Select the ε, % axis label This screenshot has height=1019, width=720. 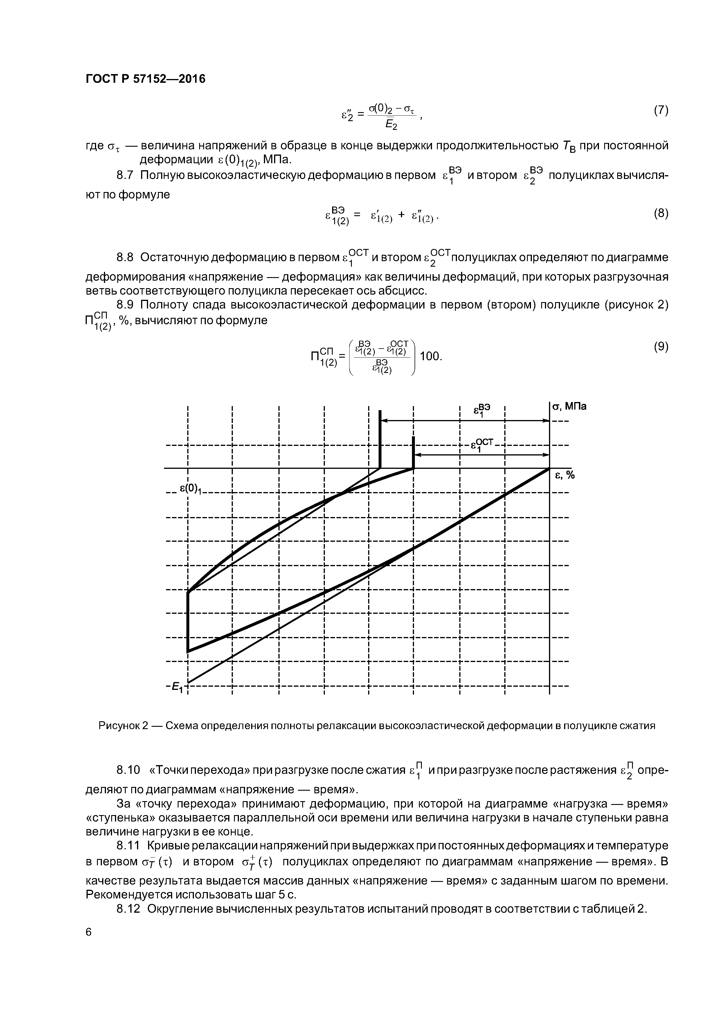coord(565,475)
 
